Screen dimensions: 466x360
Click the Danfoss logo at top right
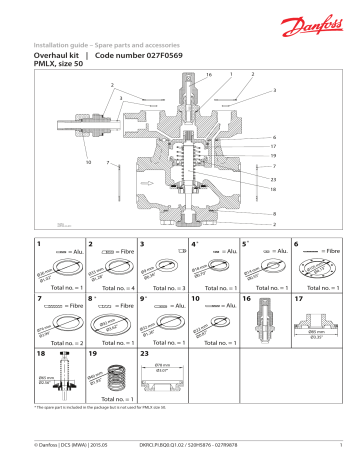point(316,21)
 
